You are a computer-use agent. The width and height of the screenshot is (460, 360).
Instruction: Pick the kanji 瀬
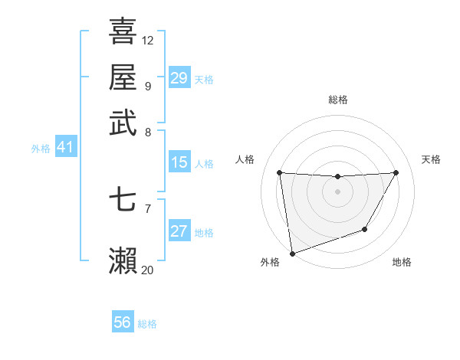pos(123,261)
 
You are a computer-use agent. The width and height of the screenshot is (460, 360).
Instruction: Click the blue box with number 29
pos(179,78)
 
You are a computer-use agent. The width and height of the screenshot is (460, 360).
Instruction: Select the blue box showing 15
pos(179,163)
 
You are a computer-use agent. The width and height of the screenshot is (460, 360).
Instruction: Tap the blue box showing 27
pos(179,232)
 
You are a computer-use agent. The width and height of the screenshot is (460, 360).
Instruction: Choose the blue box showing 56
pos(123,323)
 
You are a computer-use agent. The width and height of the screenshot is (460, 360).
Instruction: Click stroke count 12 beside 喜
pos(148,40)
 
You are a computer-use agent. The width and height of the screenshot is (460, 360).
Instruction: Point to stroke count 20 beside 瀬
pos(148,270)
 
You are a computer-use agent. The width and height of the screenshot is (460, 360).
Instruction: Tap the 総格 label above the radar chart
pos(337,100)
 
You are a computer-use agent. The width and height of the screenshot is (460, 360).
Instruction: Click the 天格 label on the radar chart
pos(431,159)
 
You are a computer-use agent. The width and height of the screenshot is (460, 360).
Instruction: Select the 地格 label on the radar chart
pos(402,263)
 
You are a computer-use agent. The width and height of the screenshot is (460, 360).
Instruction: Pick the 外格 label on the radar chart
pos(270,263)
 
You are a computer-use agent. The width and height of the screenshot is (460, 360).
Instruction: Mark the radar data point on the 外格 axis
pos(292,253)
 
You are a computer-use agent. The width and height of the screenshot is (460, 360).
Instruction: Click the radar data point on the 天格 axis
pos(396,172)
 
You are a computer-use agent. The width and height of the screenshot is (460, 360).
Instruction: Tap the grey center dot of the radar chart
pos(337,191)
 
